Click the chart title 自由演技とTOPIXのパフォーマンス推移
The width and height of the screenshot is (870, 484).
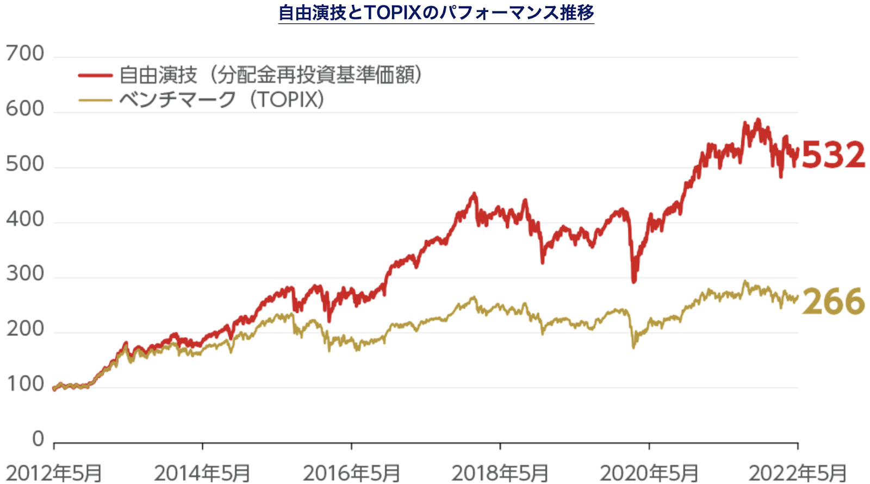pyautogui.click(x=436, y=12)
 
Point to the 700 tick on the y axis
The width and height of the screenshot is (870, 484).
pyautogui.click(x=25, y=54)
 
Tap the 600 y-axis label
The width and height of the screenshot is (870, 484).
pyautogui.click(x=25, y=109)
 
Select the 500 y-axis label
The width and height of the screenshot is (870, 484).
pyautogui.click(x=25, y=164)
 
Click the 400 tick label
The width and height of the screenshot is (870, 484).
pyautogui.click(x=25, y=219)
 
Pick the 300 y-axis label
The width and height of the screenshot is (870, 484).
pyautogui.click(x=25, y=274)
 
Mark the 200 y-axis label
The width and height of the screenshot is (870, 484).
pyautogui.click(x=25, y=329)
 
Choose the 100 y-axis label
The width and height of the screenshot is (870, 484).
pyautogui.click(x=25, y=384)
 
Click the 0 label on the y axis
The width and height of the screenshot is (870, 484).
pyautogui.click(x=38, y=438)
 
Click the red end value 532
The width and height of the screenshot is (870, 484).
pyautogui.click(x=833, y=155)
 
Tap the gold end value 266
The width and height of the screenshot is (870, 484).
pyautogui.click(x=833, y=302)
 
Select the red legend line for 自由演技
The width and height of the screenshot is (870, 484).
pyautogui.click(x=95, y=75)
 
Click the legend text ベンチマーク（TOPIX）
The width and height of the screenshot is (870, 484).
pyautogui.click(x=221, y=100)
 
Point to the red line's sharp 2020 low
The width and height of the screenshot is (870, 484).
pyautogui.click(x=633, y=281)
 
